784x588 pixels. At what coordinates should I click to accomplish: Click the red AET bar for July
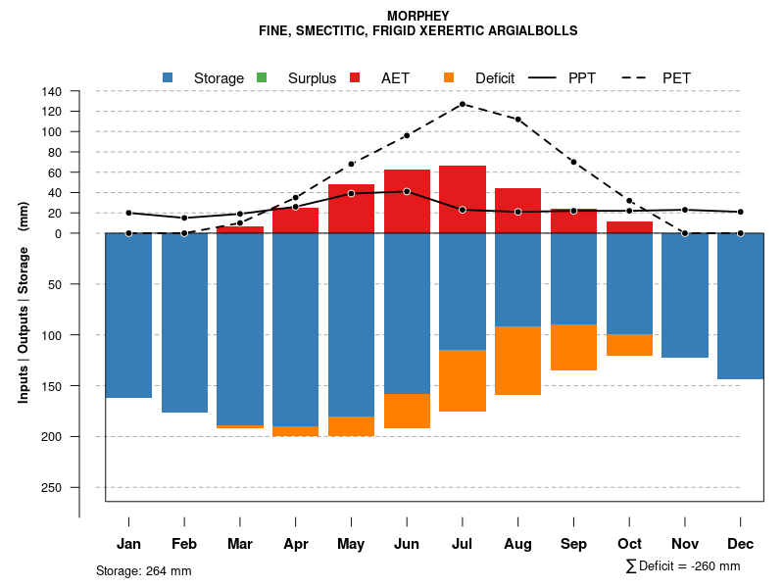(x=463, y=199)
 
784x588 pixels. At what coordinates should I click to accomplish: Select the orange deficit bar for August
(x=518, y=361)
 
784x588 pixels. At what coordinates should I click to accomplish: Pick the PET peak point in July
(x=463, y=104)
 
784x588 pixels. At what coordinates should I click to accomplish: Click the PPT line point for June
(x=407, y=191)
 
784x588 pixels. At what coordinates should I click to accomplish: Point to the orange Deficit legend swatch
(x=449, y=77)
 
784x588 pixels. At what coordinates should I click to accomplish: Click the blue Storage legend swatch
(x=168, y=77)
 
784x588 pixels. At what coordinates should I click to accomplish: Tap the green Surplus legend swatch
(x=262, y=77)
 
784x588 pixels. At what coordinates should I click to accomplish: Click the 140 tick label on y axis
(x=52, y=91)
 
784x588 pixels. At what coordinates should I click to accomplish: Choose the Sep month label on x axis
(x=574, y=544)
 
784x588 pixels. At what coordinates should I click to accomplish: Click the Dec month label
(x=741, y=544)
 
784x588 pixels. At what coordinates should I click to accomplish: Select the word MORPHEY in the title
(x=418, y=17)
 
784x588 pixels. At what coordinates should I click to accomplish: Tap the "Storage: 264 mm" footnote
(x=144, y=570)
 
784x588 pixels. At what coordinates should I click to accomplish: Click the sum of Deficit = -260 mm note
(x=683, y=566)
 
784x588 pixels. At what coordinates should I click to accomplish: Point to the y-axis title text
(x=24, y=302)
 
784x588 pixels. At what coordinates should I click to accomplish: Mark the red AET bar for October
(x=630, y=227)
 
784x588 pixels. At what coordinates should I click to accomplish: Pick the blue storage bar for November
(x=685, y=295)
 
